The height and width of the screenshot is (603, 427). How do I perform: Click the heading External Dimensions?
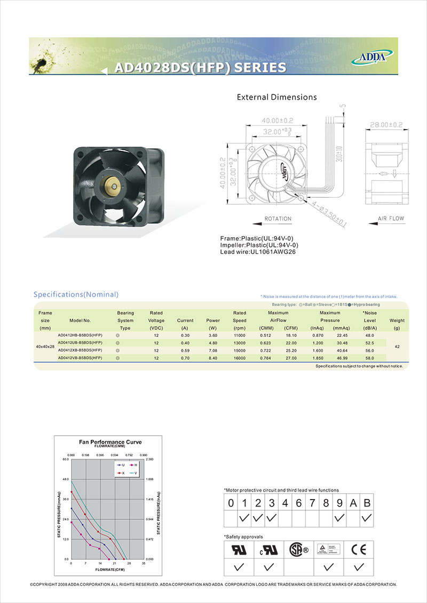click(x=276, y=97)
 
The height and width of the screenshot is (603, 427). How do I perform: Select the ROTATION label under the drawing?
click(x=278, y=219)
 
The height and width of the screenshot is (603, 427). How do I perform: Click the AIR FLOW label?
click(x=391, y=219)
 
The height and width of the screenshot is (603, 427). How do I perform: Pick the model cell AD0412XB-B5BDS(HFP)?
click(x=80, y=350)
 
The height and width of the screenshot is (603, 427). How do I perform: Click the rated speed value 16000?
click(x=240, y=358)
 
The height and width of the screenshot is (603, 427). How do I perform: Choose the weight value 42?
click(x=397, y=347)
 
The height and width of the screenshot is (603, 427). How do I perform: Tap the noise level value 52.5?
click(x=369, y=342)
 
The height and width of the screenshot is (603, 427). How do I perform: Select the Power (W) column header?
click(x=213, y=320)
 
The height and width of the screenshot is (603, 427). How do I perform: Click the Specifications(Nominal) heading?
click(x=76, y=294)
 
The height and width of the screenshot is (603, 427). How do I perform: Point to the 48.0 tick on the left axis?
click(x=66, y=479)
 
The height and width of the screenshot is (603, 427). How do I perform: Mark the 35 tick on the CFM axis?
click(x=144, y=564)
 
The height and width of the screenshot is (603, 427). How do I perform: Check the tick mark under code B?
click(x=367, y=518)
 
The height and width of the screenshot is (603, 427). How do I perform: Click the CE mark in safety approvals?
click(x=359, y=549)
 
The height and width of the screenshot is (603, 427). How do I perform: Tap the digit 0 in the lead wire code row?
click(x=231, y=503)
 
